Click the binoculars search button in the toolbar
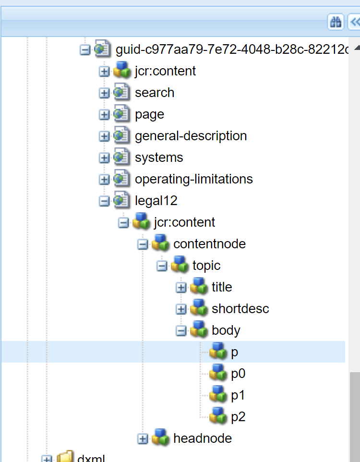pos(335,22)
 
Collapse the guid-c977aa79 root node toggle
pos(85,49)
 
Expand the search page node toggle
pos(104,93)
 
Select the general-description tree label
pos(191,136)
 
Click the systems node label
pos(159,158)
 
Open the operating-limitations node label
pos(193,179)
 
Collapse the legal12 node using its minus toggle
pos(104,201)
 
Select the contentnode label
pos(209,244)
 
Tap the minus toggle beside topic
pos(162,266)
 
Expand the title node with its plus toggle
pos(181,287)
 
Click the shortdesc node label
pos(240,308)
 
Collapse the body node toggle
pos(181,330)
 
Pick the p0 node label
pos(238,374)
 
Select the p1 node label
pos(238,395)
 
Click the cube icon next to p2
pos(218,416)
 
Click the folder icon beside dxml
pos(65,457)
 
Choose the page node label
pos(149,114)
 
